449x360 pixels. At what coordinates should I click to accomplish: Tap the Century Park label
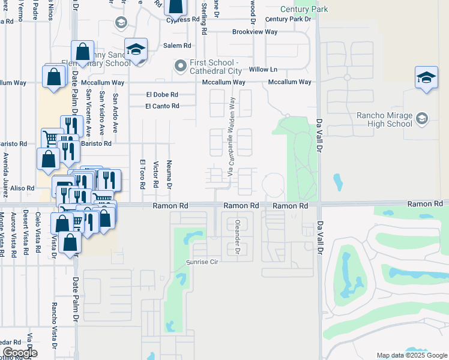pyautogui.click(x=304, y=10)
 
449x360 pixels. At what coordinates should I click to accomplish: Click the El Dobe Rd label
pyautogui.click(x=162, y=95)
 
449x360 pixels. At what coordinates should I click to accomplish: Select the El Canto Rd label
pyautogui.click(x=162, y=106)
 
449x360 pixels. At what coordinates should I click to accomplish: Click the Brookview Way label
pyautogui.click(x=255, y=31)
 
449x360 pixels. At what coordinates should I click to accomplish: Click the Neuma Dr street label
pyautogui.click(x=169, y=175)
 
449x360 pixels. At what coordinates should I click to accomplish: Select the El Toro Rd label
pyautogui.click(x=142, y=175)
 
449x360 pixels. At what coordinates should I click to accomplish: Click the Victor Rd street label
pyautogui.click(x=155, y=173)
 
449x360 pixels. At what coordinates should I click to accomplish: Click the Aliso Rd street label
pyautogui.click(x=22, y=188)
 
